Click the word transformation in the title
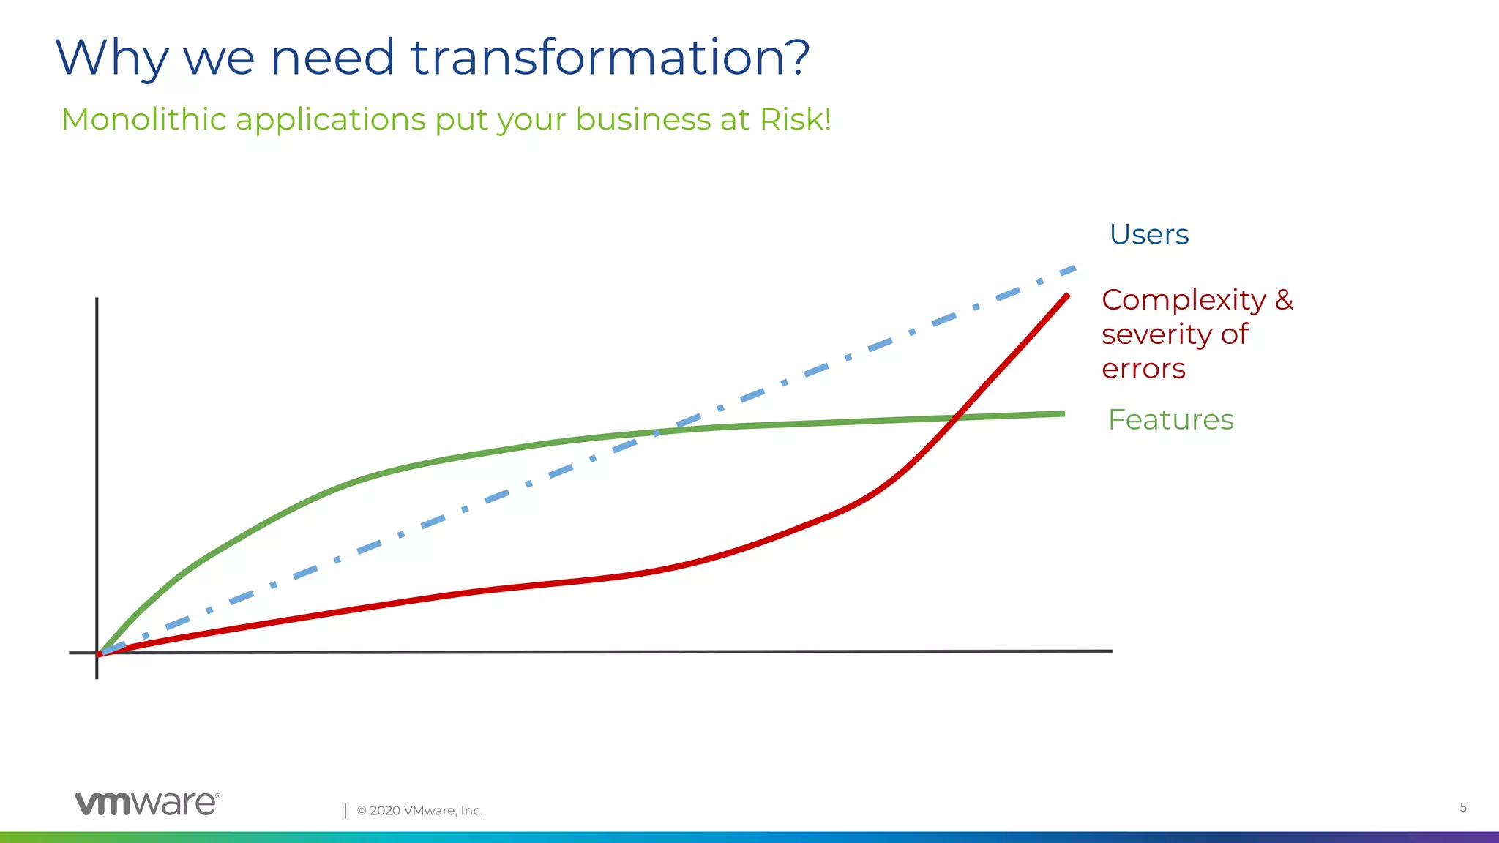[610, 58]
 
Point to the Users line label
[1148, 235]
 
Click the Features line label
[1170, 420]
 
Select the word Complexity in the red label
[1184, 300]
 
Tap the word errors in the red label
[1143, 369]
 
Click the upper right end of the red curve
[1067, 295]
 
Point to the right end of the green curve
[1063, 414]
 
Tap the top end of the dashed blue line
[1074, 269]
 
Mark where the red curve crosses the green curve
[954, 418]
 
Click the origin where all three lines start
[100, 653]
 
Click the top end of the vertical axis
[97, 299]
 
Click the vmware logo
[146, 803]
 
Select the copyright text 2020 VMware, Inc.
[419, 811]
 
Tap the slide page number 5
[1463, 807]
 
